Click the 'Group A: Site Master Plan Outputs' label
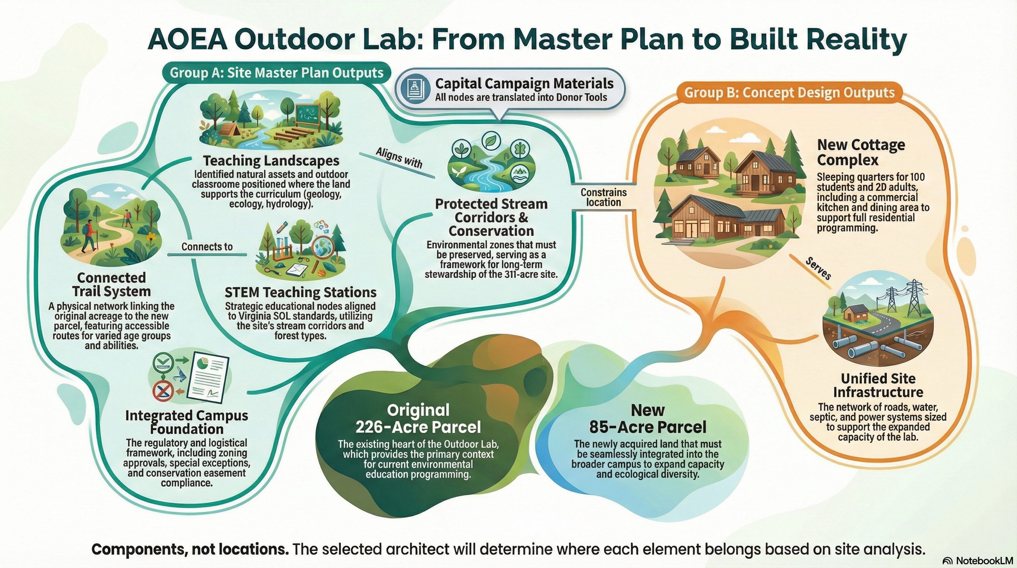coord(276,73)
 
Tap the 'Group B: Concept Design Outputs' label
coord(789,92)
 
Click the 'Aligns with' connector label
coord(399,158)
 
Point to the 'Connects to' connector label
coord(207,247)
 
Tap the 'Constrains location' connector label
coord(603,197)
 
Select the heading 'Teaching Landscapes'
coord(271,161)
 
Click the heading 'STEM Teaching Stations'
coord(300,292)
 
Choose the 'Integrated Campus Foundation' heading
coord(186,422)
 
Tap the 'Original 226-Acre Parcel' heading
coord(418,418)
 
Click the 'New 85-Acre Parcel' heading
coord(647,418)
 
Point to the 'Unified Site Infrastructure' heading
coord(878,385)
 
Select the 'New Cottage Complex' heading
coord(861,152)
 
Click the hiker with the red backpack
coord(88,236)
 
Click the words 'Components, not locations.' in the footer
coord(190,549)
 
